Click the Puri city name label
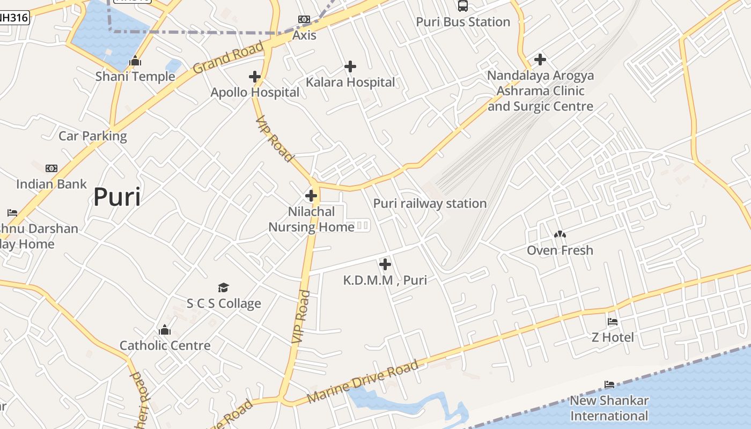tap(117, 197)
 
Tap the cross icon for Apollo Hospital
tap(255, 77)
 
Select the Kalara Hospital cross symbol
tap(350, 66)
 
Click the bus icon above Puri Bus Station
tap(462, 6)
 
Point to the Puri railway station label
tap(430, 204)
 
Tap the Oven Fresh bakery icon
tap(560, 234)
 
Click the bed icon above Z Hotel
tap(613, 322)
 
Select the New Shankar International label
tap(609, 408)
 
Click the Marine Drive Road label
tap(363, 383)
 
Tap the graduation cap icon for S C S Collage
tap(224, 288)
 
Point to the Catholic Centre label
tap(165, 345)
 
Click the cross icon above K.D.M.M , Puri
tap(385, 264)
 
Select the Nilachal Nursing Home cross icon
tap(311, 196)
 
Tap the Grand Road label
tap(228, 57)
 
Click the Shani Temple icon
tap(135, 61)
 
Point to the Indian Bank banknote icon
tap(51, 168)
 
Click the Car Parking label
tap(93, 136)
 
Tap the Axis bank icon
tap(304, 20)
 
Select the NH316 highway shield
tap(13, 17)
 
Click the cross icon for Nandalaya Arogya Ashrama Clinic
tap(540, 59)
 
